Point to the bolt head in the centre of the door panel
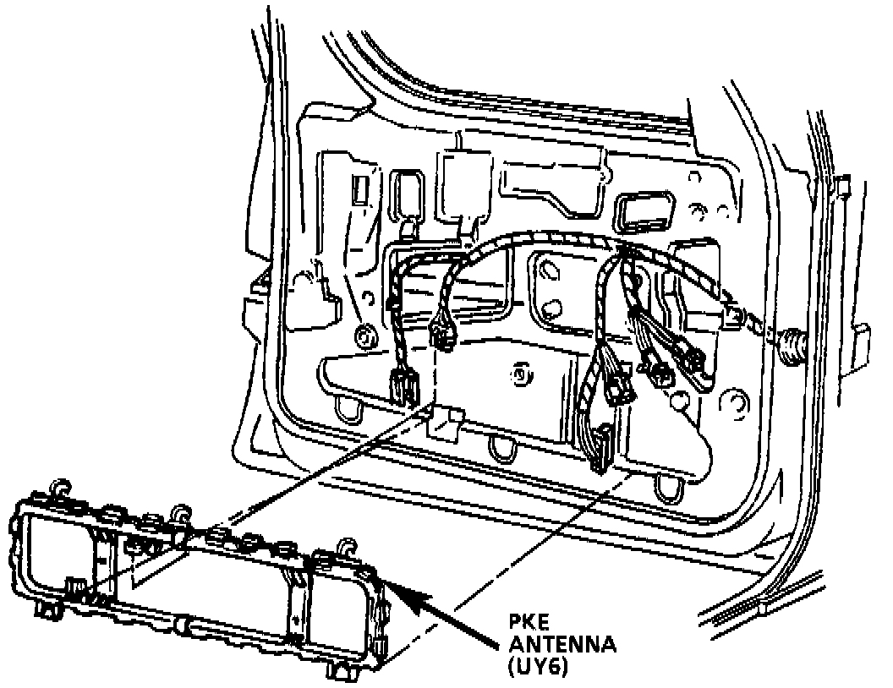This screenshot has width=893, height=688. (519, 371)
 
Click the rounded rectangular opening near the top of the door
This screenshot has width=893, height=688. (645, 211)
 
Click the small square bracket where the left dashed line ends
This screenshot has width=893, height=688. (446, 419)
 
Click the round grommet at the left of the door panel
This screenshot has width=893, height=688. (365, 336)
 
